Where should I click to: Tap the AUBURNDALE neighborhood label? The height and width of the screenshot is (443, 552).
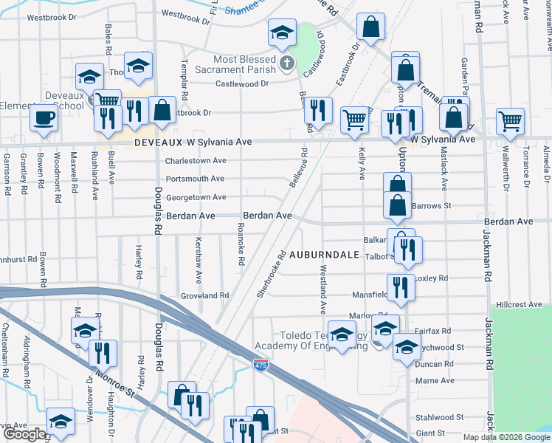(323, 255)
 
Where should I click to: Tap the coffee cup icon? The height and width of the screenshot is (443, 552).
(44, 117)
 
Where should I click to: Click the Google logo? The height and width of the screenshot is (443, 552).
(24, 434)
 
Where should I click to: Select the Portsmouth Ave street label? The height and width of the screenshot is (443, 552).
(195, 179)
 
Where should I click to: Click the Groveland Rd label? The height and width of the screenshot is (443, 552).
(205, 295)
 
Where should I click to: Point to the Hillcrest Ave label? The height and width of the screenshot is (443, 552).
(519, 304)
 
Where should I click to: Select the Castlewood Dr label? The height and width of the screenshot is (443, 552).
(242, 84)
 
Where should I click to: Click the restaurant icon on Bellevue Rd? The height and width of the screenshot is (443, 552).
(318, 110)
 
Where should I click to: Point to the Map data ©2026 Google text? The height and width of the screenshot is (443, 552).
(506, 437)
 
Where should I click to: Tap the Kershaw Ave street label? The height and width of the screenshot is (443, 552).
(198, 260)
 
